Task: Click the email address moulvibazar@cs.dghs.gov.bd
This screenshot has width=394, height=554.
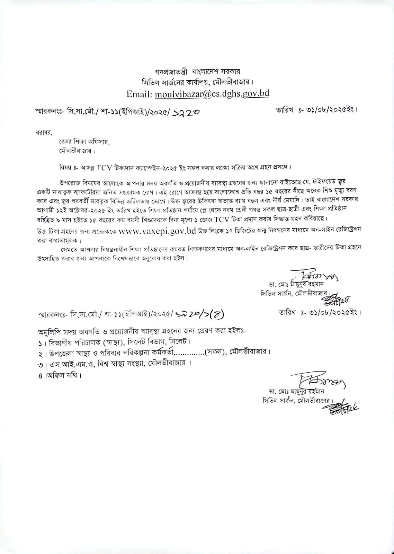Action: coord(212,94)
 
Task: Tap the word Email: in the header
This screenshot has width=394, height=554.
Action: coord(140,94)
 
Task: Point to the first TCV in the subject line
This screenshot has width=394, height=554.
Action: coord(105,167)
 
